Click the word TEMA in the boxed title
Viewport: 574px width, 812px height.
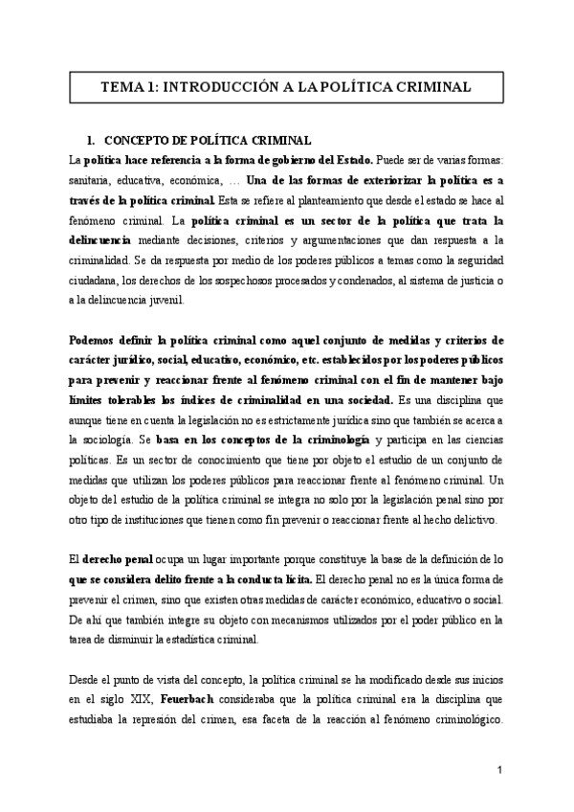pyautogui.click(x=124, y=86)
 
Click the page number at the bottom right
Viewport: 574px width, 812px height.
pyautogui.click(x=501, y=770)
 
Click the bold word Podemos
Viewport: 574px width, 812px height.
pyautogui.click(x=96, y=339)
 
